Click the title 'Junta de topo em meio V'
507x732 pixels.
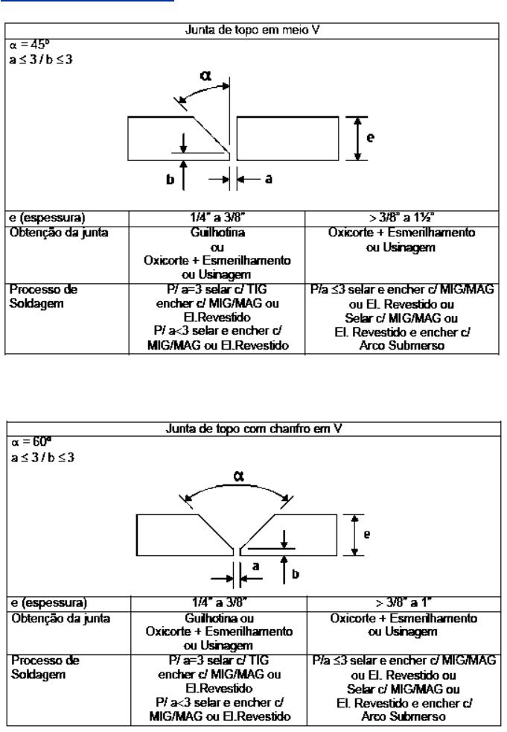[x=252, y=31]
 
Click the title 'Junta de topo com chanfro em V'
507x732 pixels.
[x=254, y=429]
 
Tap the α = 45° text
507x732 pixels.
[x=29, y=45]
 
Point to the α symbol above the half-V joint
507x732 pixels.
[x=205, y=75]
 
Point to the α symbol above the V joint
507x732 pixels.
[x=238, y=476]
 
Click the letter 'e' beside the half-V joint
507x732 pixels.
[x=370, y=138]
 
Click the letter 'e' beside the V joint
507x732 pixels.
[x=366, y=534]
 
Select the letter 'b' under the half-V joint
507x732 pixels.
[x=170, y=179]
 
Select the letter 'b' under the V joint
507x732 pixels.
[x=296, y=574]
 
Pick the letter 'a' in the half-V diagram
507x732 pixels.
[x=268, y=178]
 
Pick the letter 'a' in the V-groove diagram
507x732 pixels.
[x=255, y=567]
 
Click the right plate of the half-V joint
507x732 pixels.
[x=288, y=139]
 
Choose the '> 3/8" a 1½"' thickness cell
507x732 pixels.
[x=401, y=218]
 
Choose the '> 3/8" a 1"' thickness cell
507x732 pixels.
[x=404, y=603]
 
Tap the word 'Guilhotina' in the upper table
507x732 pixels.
[x=217, y=233]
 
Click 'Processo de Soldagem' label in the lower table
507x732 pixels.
[x=45, y=668]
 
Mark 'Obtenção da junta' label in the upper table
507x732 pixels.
[x=59, y=233]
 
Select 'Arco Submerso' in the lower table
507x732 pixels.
[x=404, y=716]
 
